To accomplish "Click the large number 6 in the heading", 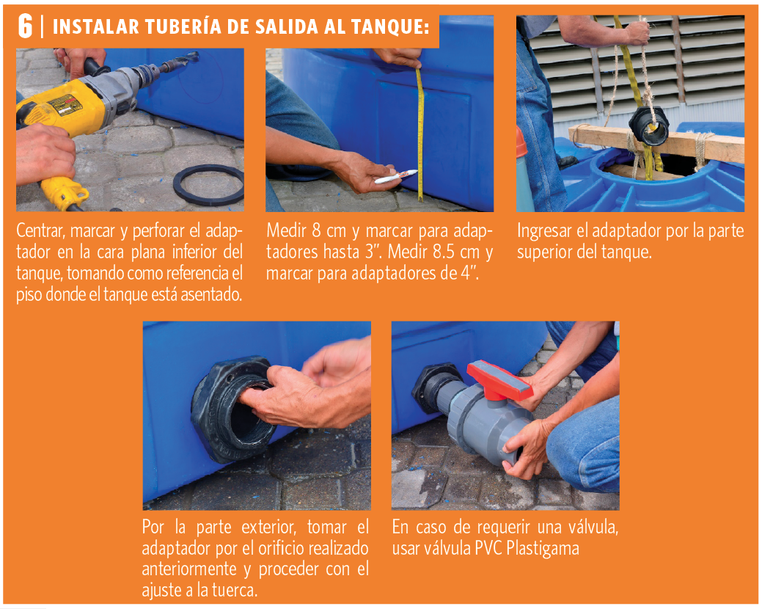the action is (x=25, y=26).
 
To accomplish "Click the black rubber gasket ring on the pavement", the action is (x=209, y=185).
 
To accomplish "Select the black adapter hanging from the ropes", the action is (x=649, y=125).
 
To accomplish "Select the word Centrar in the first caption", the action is (x=40, y=231).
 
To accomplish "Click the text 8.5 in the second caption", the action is (x=444, y=252).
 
